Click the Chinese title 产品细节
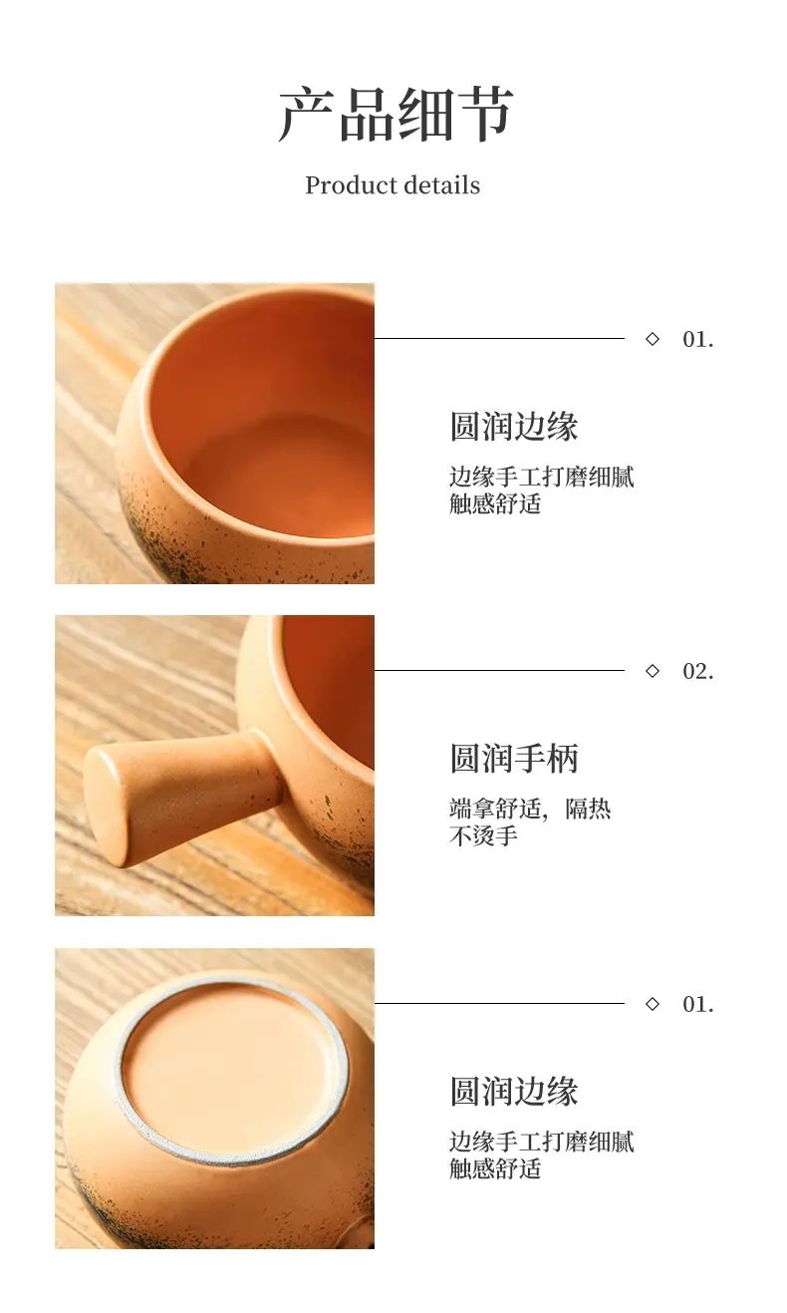394,115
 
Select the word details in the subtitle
441,185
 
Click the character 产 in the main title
306,115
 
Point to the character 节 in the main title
485,115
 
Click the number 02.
698,671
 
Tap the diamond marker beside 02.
652,671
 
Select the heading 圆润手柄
514,759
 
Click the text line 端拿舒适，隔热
530,809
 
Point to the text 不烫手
484,835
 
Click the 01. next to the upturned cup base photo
698,1005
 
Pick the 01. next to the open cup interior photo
698,339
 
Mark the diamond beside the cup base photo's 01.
652,1004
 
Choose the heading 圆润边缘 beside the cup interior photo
514,426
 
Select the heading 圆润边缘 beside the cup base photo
514,1092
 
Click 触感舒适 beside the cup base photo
495,1168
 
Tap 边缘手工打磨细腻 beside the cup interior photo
542,477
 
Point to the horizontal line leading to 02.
499,670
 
